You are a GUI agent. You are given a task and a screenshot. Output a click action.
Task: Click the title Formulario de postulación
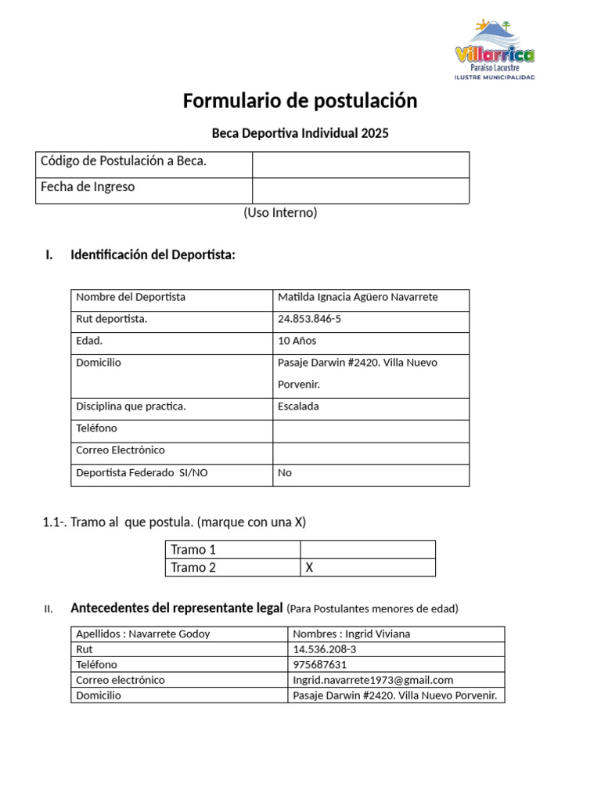300,101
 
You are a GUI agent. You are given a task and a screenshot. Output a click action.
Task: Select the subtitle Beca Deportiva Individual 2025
300,133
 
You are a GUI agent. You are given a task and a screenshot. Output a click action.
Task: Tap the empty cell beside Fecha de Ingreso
360,190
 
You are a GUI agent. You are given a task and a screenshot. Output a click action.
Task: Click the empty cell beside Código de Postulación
360,164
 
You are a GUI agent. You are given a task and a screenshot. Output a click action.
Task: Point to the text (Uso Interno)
280,212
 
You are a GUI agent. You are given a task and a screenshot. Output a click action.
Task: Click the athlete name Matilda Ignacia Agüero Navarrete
358,298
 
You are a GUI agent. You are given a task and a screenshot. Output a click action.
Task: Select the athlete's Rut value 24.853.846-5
309,320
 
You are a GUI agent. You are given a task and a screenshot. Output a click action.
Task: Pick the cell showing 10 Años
297,341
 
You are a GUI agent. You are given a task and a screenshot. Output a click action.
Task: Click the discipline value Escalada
298,406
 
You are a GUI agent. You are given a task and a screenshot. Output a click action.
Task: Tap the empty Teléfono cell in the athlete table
370,429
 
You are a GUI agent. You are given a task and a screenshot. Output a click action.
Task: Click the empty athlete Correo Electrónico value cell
370,451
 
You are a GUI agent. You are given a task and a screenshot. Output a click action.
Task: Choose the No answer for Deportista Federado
285,473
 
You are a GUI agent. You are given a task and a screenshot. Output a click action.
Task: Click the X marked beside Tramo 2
309,568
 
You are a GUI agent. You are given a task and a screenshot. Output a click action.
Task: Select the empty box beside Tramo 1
367,550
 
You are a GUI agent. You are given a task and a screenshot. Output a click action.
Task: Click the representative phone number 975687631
319,664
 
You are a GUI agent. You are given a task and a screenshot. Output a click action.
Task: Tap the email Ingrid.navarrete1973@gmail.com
372,680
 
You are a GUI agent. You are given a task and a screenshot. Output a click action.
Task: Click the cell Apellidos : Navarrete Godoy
143,634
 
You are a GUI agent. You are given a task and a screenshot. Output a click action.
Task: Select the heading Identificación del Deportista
153,255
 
